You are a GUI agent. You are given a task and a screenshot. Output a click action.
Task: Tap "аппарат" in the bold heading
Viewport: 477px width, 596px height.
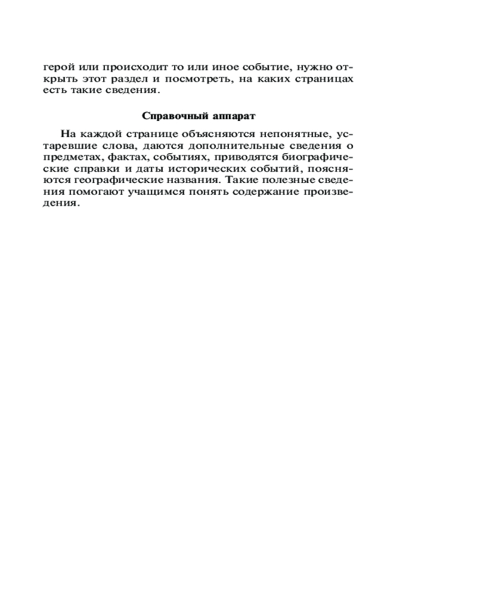coord(234,116)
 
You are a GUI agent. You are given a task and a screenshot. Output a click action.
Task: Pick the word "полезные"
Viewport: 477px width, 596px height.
coord(288,182)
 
